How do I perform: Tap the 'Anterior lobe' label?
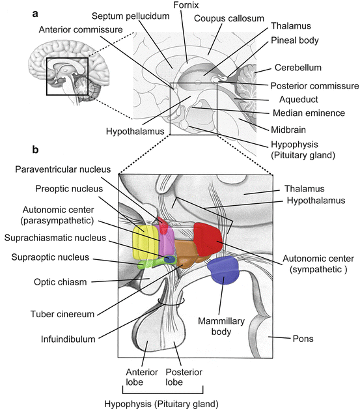[139, 376]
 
